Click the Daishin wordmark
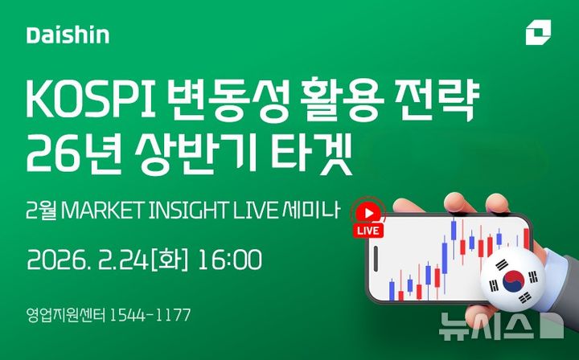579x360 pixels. click(x=68, y=36)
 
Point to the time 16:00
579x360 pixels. click(x=231, y=260)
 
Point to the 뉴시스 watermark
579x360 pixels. click(x=491, y=326)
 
